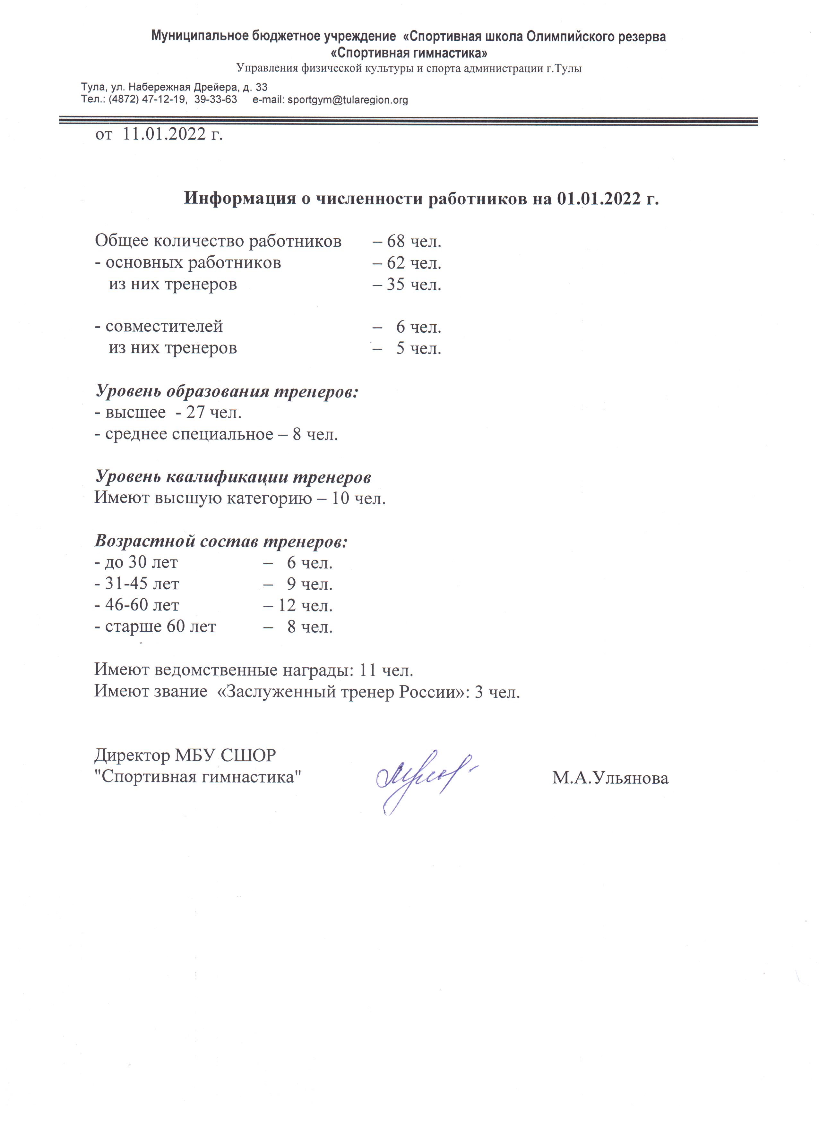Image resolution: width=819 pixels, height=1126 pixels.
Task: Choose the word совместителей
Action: (x=164, y=327)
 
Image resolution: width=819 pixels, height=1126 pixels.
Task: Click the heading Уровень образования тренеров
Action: (x=227, y=391)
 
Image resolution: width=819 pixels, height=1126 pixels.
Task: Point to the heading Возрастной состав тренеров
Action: (x=221, y=541)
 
